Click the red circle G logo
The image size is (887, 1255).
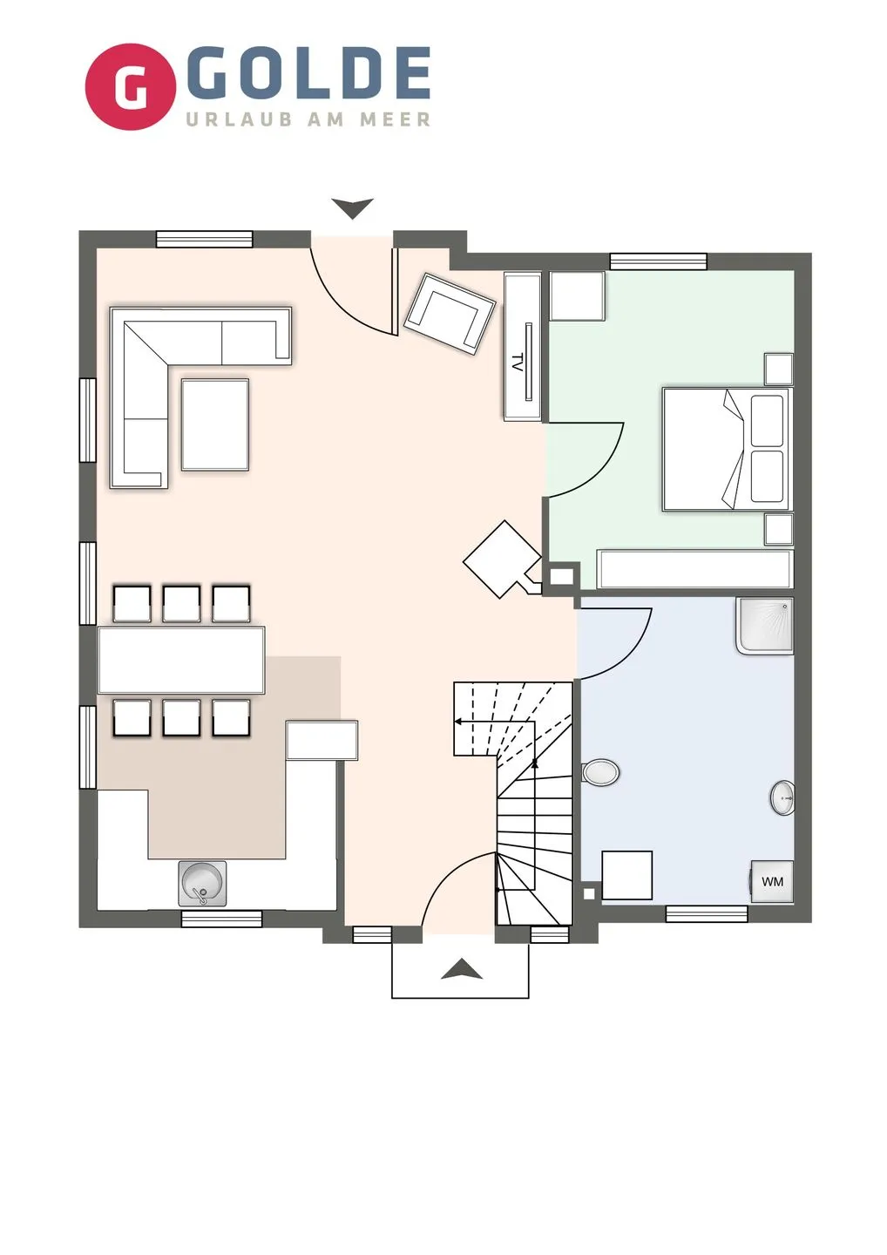coord(131,87)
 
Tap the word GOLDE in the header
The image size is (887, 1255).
coord(307,73)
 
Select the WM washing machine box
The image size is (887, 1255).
coord(772,881)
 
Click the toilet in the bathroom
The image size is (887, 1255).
coord(600,772)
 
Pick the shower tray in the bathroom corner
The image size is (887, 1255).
coord(765,626)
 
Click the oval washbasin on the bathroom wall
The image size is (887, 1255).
coord(782,797)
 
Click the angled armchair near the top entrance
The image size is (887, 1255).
coord(450,314)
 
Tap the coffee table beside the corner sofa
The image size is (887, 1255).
coord(215,424)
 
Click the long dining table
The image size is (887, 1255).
coord(181,660)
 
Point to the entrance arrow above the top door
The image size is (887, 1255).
coord(352,208)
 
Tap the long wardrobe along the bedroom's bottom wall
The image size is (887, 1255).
coord(695,569)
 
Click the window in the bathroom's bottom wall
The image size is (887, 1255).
coord(707,913)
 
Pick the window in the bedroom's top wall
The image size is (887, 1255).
coord(658,261)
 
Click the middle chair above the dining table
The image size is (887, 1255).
coord(181,603)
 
